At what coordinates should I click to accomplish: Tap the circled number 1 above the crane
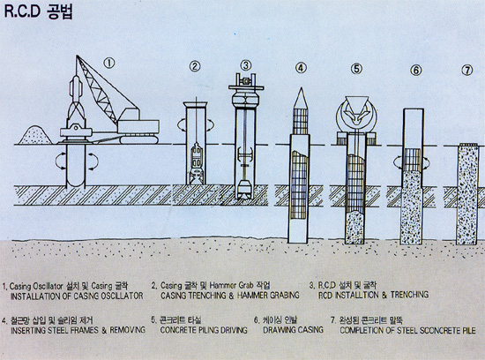point(109,63)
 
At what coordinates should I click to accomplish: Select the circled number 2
point(194,67)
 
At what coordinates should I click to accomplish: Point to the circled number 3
point(246,65)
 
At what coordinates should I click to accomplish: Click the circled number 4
point(301,68)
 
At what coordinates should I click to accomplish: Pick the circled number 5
point(356,68)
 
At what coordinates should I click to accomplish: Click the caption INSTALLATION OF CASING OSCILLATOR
point(76,295)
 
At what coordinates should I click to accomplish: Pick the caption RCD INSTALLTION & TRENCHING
point(374,295)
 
